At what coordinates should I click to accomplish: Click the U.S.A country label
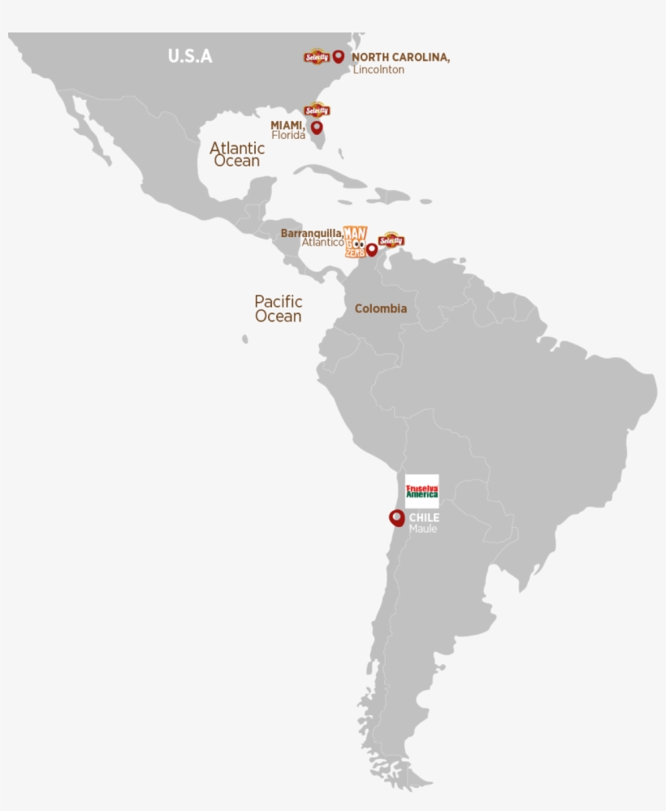(189, 56)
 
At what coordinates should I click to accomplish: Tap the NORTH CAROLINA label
(400, 58)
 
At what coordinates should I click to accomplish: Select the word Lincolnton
(378, 70)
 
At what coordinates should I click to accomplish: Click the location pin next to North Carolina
(338, 56)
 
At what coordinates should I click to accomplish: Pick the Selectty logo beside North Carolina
(316, 57)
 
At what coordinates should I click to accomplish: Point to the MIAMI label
(287, 125)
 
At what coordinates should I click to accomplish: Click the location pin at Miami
(317, 127)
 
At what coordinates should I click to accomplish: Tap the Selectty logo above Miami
(317, 110)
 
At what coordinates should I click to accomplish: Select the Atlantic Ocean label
(237, 154)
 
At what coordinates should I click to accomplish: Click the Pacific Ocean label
(278, 308)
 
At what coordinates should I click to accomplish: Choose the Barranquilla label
(311, 233)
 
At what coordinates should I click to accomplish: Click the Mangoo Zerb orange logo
(355, 242)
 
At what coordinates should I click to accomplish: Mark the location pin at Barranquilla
(371, 249)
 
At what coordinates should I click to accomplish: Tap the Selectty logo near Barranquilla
(391, 239)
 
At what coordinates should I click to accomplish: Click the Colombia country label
(380, 308)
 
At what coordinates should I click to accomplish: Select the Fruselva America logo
(422, 490)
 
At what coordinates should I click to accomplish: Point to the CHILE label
(424, 517)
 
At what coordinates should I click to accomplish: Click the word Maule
(422, 529)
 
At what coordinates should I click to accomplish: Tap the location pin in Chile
(396, 517)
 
